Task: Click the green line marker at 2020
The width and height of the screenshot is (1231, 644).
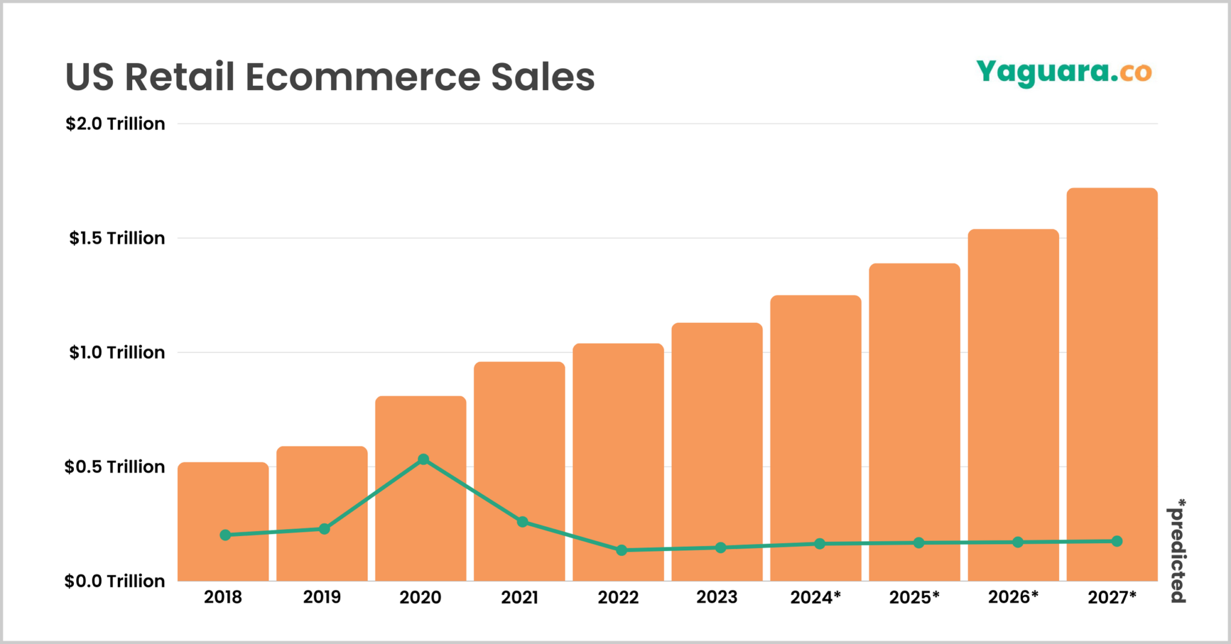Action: (x=423, y=459)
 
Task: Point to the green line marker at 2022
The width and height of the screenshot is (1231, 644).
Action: (x=622, y=550)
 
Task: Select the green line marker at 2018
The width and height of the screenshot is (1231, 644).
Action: (x=225, y=535)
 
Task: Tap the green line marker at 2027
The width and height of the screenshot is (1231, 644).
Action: (x=1117, y=541)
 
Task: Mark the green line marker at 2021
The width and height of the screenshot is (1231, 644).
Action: (x=522, y=522)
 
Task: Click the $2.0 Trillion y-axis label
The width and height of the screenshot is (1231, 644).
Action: (x=115, y=124)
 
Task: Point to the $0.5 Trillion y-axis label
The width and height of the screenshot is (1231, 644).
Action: (x=115, y=467)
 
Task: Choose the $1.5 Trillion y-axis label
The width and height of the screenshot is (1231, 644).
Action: (x=117, y=238)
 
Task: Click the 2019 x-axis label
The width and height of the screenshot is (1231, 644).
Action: (x=322, y=597)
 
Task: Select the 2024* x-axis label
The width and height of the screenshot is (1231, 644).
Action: (x=816, y=597)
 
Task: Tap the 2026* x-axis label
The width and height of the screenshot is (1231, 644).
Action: (x=1013, y=597)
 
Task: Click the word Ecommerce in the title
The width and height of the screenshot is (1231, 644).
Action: (x=362, y=77)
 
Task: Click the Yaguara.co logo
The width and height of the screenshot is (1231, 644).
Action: (x=1064, y=73)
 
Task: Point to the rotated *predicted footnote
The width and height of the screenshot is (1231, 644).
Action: (x=1179, y=550)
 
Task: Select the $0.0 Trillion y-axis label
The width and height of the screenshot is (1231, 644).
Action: (x=115, y=581)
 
